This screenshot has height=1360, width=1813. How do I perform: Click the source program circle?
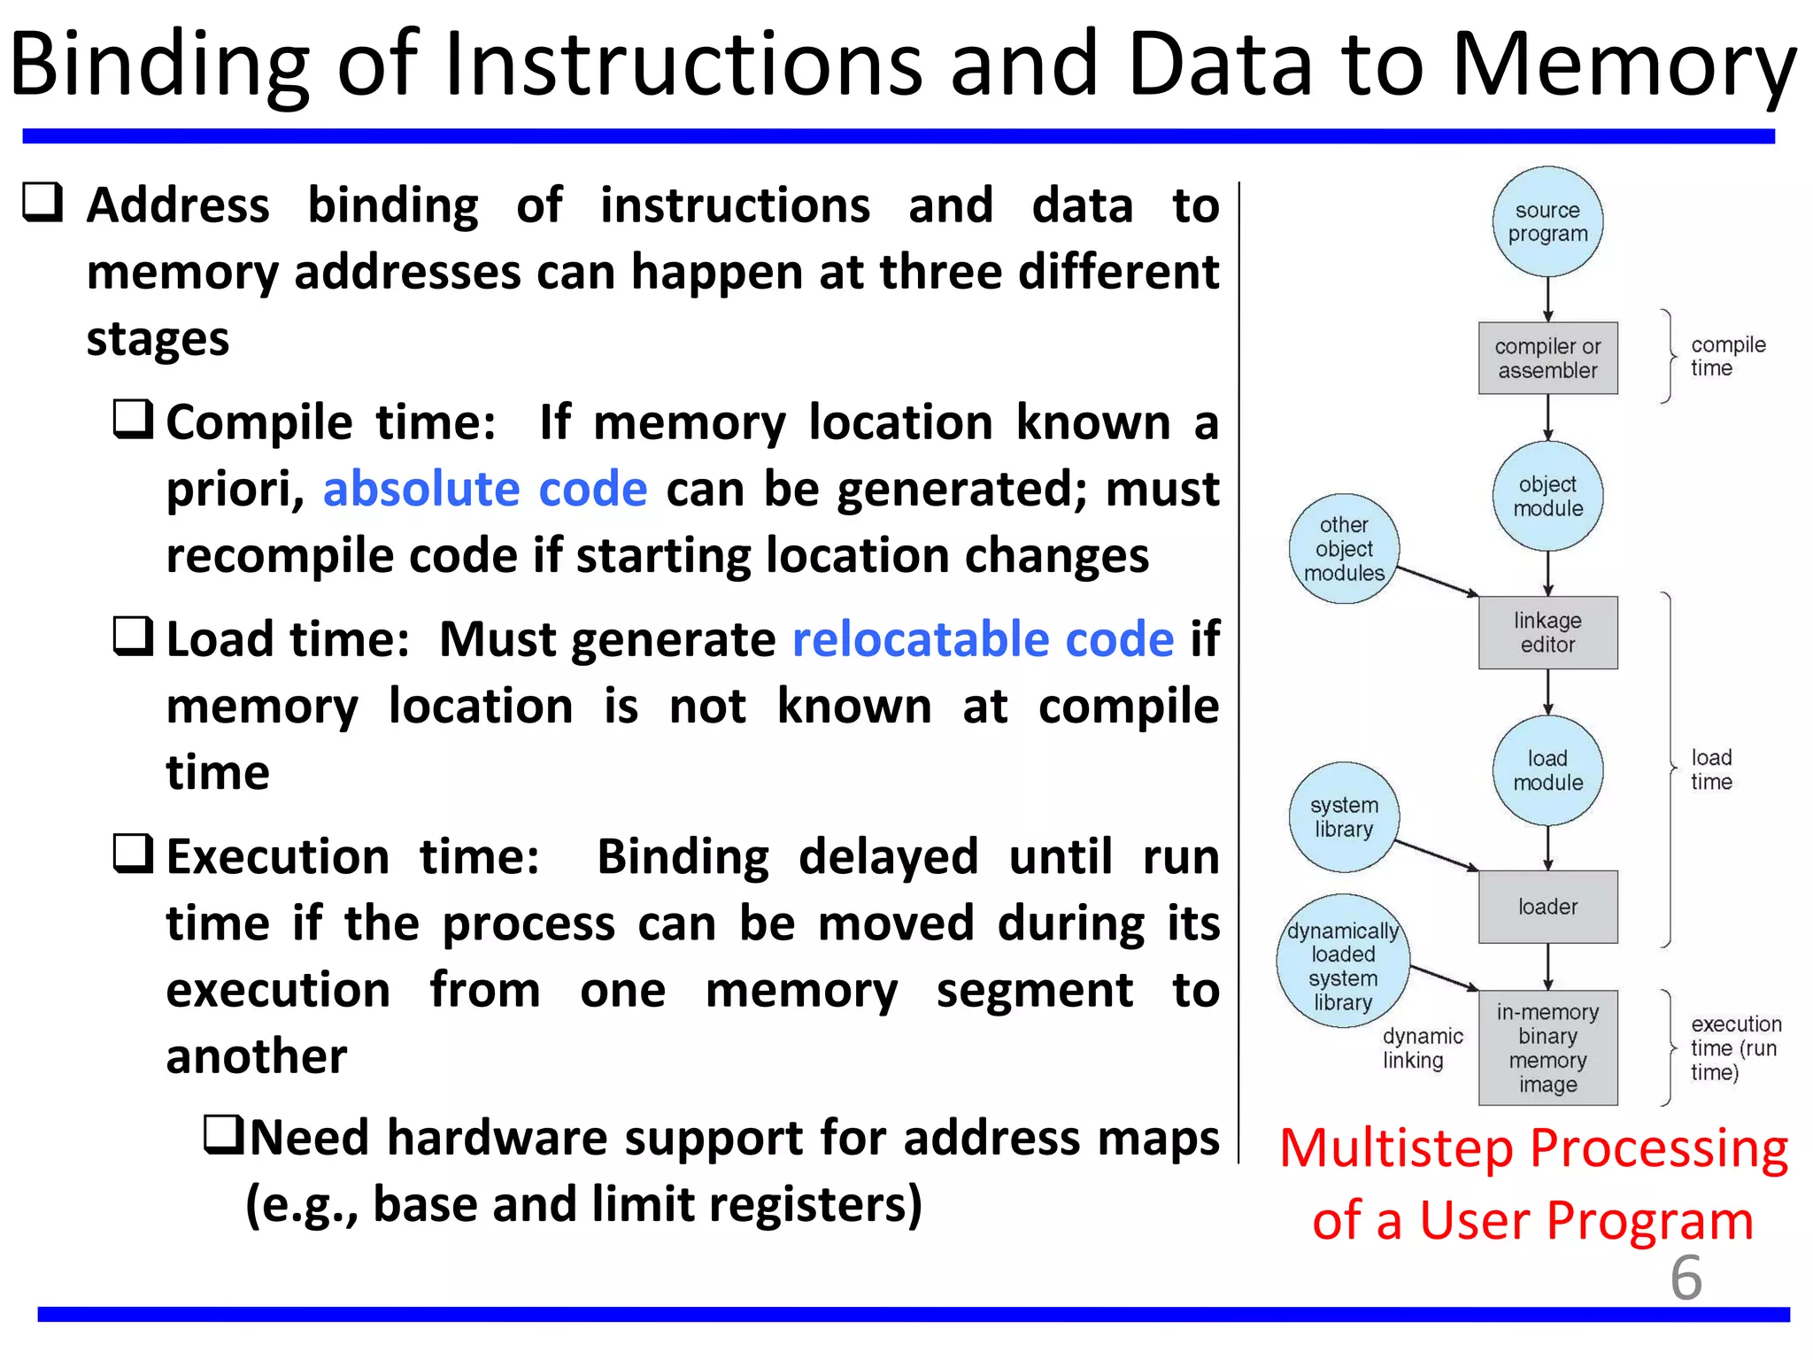point(1547,221)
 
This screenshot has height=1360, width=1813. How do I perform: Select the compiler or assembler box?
point(1547,358)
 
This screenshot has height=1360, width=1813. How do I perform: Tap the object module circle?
point(1547,496)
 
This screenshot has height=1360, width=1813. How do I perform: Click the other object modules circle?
point(1344,549)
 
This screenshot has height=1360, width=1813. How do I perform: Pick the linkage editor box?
point(1547,632)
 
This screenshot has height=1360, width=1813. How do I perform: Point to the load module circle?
point(1547,770)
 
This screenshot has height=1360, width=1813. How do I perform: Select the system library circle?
point(1344,816)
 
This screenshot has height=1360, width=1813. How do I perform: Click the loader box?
point(1547,907)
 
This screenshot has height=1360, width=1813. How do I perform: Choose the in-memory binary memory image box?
point(1547,1047)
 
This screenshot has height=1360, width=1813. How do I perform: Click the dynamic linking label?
point(1423,1047)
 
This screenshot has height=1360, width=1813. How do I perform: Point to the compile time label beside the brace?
point(1726,356)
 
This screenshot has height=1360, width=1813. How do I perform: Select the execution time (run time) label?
point(1734,1047)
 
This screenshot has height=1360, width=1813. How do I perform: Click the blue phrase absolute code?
point(485,489)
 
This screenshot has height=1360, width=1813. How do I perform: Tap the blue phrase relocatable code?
point(983,639)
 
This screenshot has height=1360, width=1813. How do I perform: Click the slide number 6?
point(1686,1278)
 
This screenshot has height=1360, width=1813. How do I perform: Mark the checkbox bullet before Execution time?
point(134,854)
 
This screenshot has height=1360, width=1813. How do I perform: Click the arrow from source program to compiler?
point(1547,299)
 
